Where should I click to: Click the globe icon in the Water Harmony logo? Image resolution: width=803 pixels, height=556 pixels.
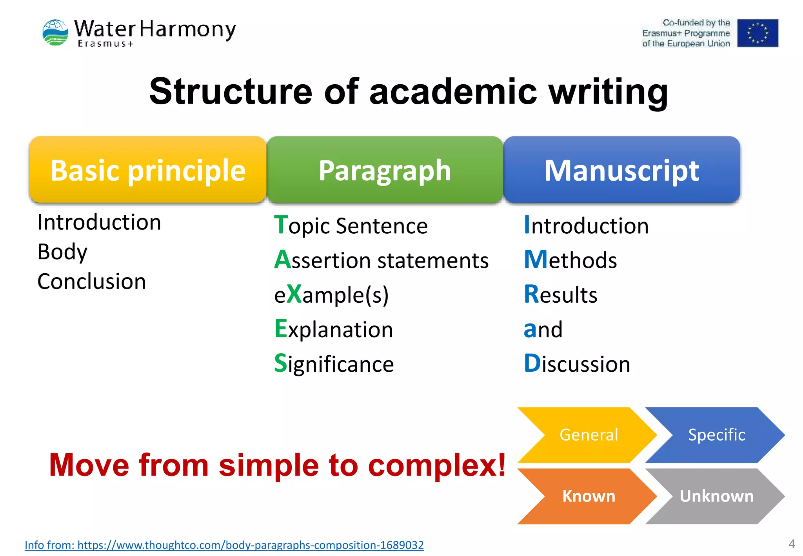pos(55,33)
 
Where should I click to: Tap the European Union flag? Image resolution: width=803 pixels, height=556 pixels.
pos(757,33)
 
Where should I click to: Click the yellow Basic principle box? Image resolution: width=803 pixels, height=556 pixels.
pos(148,170)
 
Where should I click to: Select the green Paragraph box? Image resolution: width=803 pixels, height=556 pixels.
pos(385,170)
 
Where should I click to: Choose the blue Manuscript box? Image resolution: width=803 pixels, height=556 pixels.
pos(621,170)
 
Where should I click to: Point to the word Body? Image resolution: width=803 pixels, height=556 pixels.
pos(62,252)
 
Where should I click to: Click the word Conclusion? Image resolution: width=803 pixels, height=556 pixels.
pos(91,282)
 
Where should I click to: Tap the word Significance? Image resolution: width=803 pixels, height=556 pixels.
pos(334,363)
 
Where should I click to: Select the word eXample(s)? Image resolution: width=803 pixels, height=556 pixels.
pos(331,294)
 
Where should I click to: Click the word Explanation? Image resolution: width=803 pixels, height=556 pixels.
pos(334,329)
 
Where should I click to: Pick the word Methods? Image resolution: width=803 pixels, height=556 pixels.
pos(570,260)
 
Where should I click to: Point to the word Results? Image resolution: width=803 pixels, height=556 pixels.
pos(560,294)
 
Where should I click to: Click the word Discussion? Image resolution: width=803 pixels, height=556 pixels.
pos(577,363)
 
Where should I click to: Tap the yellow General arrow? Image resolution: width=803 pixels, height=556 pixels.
pos(588,435)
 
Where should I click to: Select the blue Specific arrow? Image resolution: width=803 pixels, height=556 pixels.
pos(716,435)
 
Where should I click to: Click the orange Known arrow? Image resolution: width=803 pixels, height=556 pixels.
pos(588,496)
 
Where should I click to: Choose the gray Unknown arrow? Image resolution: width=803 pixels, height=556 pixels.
pos(716,496)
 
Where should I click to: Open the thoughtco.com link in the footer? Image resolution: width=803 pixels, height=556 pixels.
pos(224,545)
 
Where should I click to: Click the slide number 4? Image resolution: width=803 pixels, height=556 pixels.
pos(792,544)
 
